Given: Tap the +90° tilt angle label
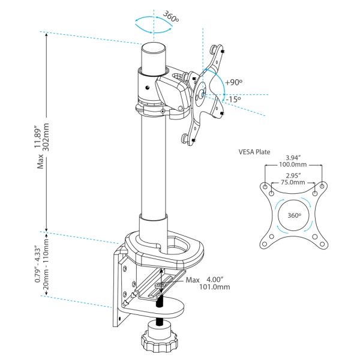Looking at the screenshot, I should (234, 82).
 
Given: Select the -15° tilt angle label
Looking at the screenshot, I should (233, 99).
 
